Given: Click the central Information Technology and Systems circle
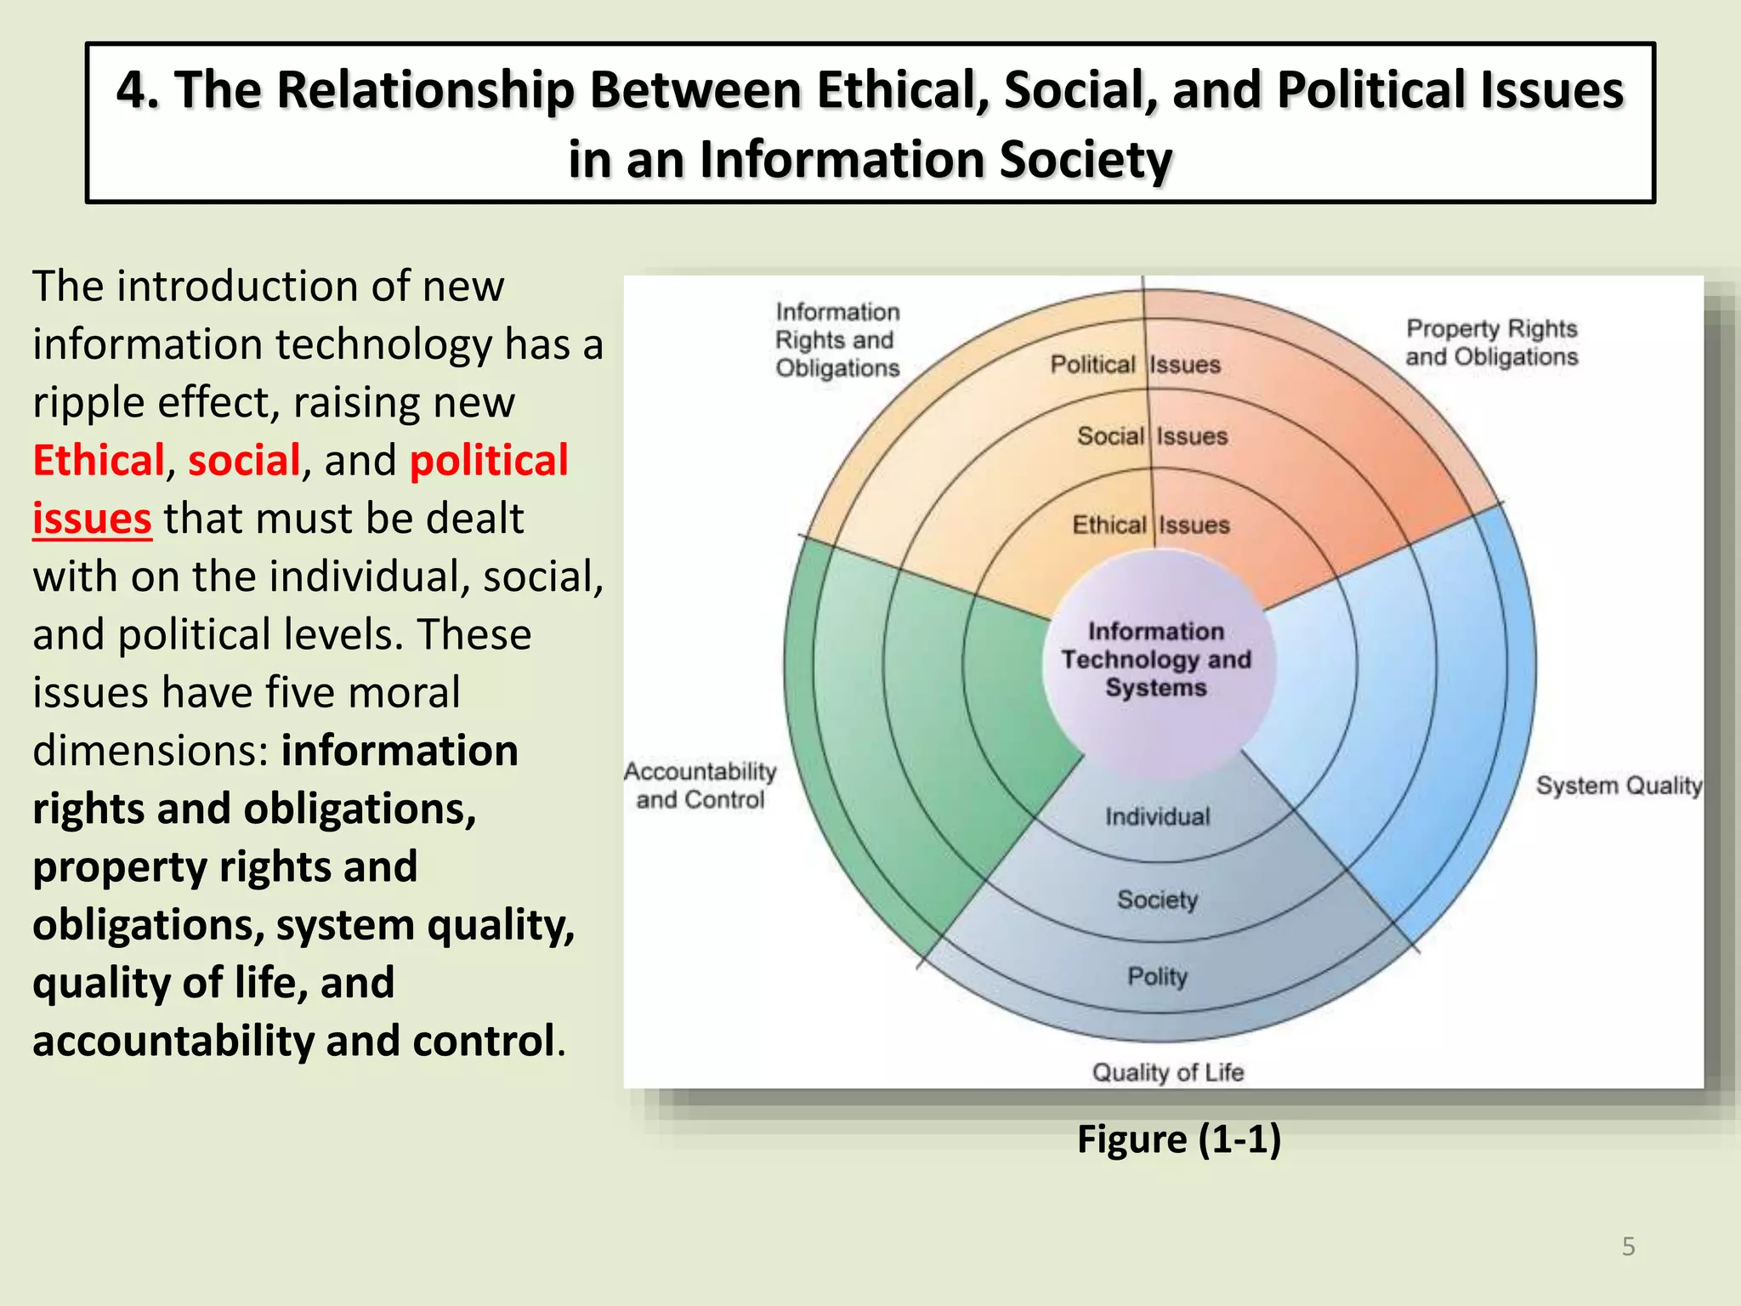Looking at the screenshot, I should click(x=1156, y=660).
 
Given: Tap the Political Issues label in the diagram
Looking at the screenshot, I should click(x=1136, y=365).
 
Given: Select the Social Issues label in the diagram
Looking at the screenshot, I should click(x=1152, y=436).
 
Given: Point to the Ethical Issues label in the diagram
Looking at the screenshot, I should click(x=1150, y=525).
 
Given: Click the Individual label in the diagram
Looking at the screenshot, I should click(x=1157, y=817).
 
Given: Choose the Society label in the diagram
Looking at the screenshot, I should click(x=1157, y=900).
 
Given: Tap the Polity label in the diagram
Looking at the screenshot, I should click(x=1157, y=976).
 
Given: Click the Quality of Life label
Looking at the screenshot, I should click(x=1167, y=1072).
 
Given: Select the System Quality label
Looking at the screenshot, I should click(x=1619, y=786).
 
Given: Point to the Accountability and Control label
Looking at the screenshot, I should click(x=700, y=786).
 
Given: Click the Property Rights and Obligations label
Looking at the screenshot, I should click(x=1491, y=343).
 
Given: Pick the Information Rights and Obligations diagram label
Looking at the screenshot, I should click(x=837, y=340).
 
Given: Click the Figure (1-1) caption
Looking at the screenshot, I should click(x=1179, y=1139).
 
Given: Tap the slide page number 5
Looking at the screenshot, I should click(x=1628, y=1246).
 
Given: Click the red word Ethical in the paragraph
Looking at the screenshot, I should click(x=99, y=461).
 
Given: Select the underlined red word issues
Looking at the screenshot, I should click(x=92, y=519).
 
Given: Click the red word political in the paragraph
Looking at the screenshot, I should click(x=489, y=461).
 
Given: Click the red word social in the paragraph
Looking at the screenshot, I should click(x=244, y=461).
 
